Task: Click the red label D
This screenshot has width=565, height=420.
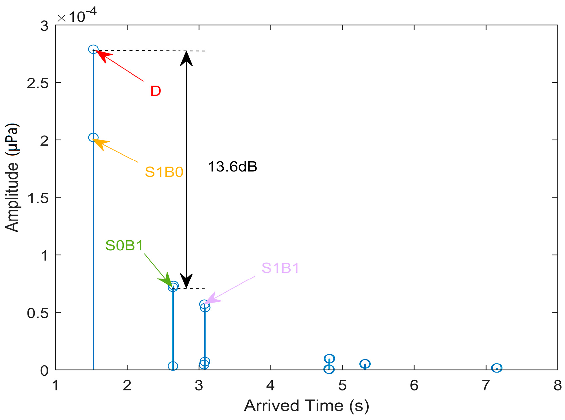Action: pyautogui.click(x=156, y=91)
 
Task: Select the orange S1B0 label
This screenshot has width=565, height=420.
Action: pyautogui.click(x=164, y=172)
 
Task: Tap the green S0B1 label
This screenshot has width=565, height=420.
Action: pyautogui.click(x=124, y=246)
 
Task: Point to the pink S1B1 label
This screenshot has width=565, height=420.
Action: pyautogui.click(x=280, y=268)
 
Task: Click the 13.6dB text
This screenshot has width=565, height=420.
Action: pyautogui.click(x=232, y=167)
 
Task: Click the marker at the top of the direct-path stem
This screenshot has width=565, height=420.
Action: pyautogui.click(x=93, y=49)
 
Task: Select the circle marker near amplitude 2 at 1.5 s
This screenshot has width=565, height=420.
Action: pyautogui.click(x=93, y=137)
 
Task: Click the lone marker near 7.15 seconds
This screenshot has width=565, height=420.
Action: pyautogui.click(x=497, y=368)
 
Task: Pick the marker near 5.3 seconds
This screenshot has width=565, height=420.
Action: pyautogui.click(x=365, y=364)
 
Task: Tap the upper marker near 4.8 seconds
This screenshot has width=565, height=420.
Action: pyautogui.click(x=329, y=359)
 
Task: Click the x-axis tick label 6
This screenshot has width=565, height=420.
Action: pyautogui.click(x=414, y=386)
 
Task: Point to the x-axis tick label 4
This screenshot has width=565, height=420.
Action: pyautogui.click(x=271, y=386)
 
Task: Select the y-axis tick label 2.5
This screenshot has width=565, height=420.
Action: pyautogui.click(x=37, y=83)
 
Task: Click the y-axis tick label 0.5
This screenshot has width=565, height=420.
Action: pyautogui.click(x=37, y=313)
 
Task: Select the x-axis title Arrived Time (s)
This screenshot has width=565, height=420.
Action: pyautogui.click(x=306, y=406)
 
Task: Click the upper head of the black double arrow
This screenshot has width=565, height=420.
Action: pyautogui.click(x=187, y=58)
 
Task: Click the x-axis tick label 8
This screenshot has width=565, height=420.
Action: pyautogui.click(x=557, y=386)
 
